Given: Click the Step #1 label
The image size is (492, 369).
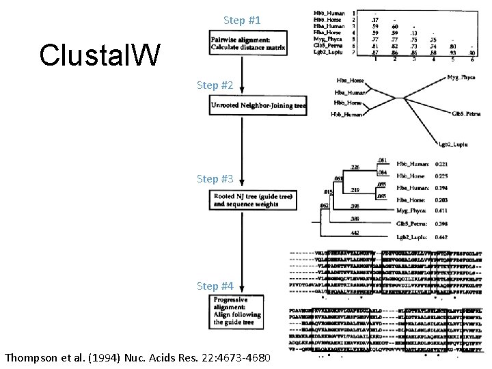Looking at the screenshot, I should click(x=241, y=20).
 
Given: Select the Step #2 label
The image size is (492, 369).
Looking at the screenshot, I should click(x=215, y=85).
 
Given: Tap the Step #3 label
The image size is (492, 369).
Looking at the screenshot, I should click(x=215, y=179).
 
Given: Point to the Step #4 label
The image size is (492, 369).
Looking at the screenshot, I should click(x=215, y=286).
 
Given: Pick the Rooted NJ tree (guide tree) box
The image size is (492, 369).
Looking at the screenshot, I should click(x=253, y=200).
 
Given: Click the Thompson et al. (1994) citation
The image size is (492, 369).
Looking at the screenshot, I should click(x=137, y=358).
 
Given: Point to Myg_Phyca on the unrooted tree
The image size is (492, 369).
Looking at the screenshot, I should click(x=462, y=78).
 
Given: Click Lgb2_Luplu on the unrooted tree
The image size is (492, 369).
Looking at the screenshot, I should click(x=452, y=145).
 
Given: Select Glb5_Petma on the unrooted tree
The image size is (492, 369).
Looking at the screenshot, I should click(x=467, y=113).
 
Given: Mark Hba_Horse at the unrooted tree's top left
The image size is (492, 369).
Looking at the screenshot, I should click(x=350, y=81).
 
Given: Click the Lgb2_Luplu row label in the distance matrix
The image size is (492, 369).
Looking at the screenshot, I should click(x=329, y=51).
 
